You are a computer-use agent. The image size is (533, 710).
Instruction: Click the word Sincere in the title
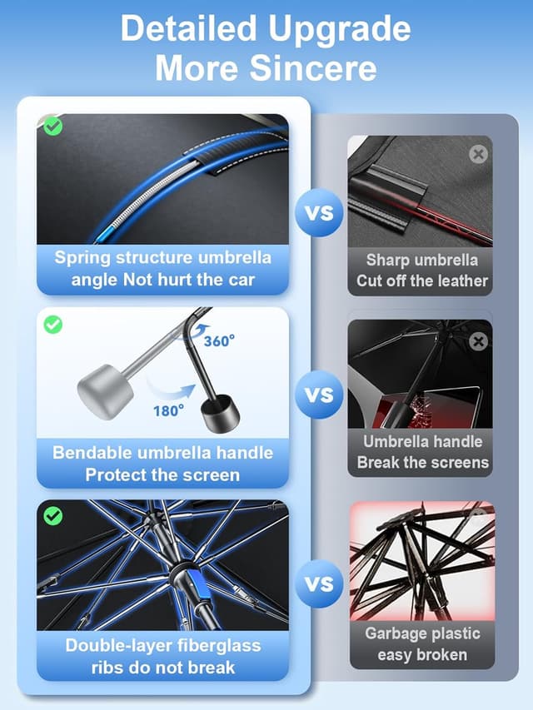pyautogui.click(x=313, y=68)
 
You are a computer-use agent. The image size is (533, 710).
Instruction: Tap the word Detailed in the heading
pyautogui.click(x=188, y=28)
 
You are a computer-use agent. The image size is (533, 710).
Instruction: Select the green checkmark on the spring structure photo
pyautogui.click(x=53, y=126)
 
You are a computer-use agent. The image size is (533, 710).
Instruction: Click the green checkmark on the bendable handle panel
pyautogui.click(x=53, y=325)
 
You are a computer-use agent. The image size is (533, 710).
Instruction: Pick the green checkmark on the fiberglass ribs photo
pyautogui.click(x=53, y=516)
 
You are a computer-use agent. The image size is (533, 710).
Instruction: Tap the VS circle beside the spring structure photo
pyautogui.click(x=319, y=212)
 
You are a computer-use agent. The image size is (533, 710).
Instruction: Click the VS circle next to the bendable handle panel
pyautogui.click(x=319, y=395)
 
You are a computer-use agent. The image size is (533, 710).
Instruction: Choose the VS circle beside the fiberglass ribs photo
pyautogui.click(x=319, y=583)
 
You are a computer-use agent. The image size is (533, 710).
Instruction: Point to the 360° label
pyautogui.click(x=219, y=341)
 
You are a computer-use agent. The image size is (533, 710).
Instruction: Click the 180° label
pyautogui.click(x=168, y=410)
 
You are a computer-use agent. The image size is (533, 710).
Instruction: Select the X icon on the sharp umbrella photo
pyautogui.click(x=478, y=154)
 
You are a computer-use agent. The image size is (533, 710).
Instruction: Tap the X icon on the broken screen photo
pyautogui.click(x=478, y=341)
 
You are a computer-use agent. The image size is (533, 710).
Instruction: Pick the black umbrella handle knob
pyautogui.click(x=220, y=414)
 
